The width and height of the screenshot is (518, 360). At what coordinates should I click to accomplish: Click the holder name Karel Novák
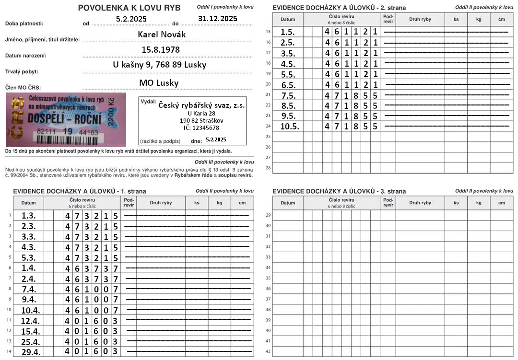161,35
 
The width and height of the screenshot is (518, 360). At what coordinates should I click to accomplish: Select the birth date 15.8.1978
161,50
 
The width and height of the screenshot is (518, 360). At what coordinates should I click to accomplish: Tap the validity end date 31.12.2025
217,18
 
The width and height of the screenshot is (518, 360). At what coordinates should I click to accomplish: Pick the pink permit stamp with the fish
66,119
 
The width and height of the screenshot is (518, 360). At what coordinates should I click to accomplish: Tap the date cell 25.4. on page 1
32,341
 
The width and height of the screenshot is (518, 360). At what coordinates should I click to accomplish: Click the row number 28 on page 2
268,168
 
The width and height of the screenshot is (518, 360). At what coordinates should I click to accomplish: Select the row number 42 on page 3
268,351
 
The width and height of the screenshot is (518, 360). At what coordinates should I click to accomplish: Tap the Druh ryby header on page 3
420,203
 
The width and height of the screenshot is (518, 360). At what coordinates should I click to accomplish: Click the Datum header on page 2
288,20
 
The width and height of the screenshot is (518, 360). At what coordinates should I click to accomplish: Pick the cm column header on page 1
242,203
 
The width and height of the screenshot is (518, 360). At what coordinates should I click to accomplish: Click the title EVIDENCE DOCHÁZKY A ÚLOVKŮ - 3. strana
339,191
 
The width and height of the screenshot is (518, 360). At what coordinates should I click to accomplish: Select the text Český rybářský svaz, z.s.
201,105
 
